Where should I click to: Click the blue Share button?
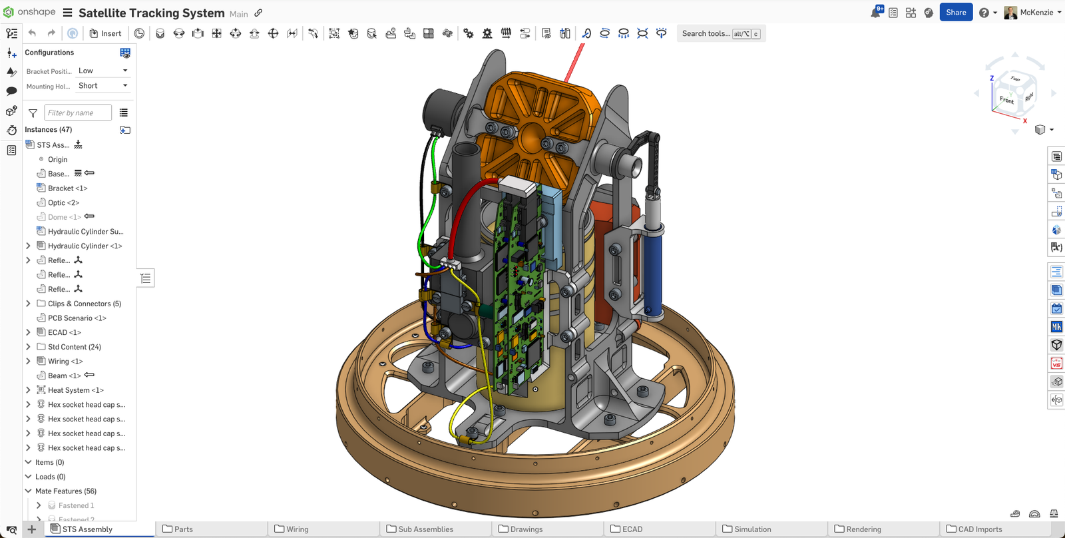tap(956, 12)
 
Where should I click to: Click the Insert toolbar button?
tap(105, 33)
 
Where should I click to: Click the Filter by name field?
tap(77, 113)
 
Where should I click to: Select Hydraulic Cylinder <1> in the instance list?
tap(85, 246)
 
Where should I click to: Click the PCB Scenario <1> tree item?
tap(77, 318)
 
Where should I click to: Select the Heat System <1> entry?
tap(75, 390)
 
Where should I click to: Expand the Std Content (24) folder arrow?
tap(28, 347)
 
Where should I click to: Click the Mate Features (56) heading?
tap(65, 491)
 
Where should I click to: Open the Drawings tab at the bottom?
tap(526, 529)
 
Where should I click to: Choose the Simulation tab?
tap(752, 529)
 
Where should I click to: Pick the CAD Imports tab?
tap(979, 529)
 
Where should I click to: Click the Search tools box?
tap(706, 33)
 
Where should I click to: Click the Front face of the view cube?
tap(1006, 101)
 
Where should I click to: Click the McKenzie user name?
tap(1036, 12)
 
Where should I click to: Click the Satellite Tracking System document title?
tap(151, 13)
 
